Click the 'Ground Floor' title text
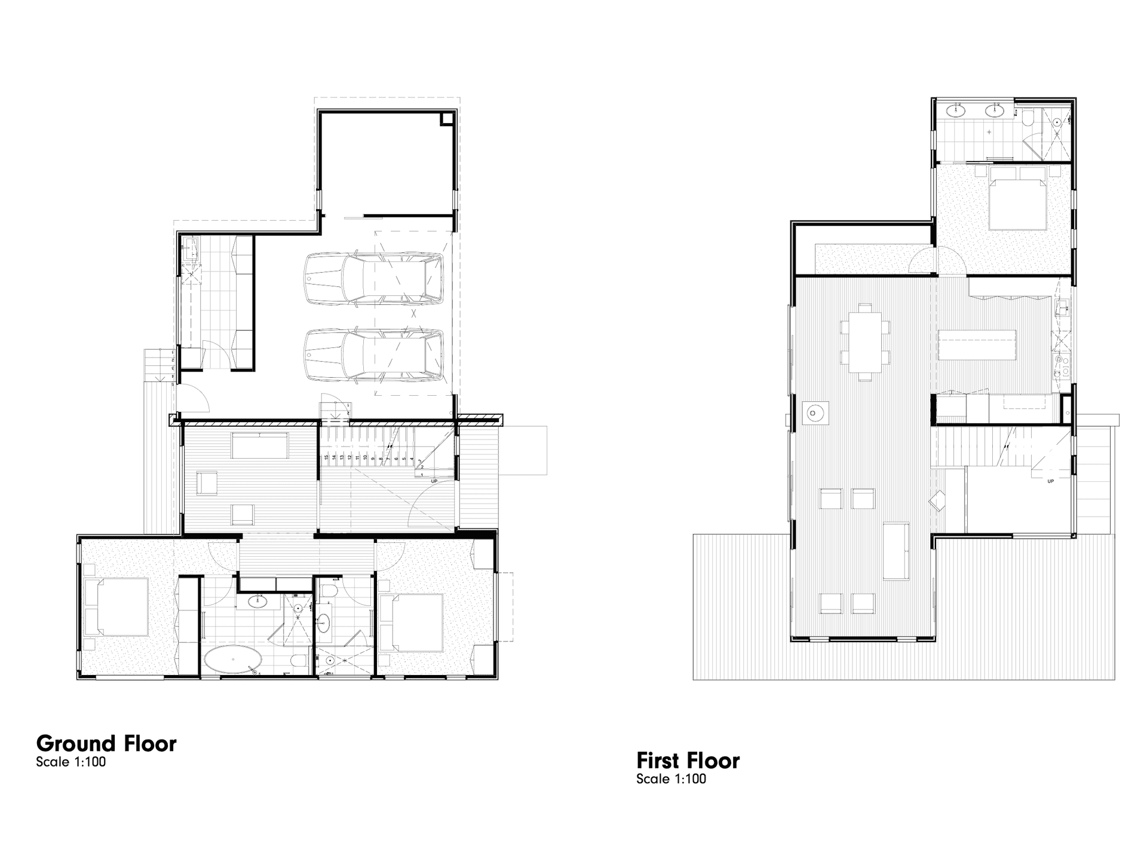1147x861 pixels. [106, 743]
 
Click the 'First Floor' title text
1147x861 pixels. [688, 761]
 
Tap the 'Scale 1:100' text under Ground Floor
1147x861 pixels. [70, 762]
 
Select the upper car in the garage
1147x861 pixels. [374, 279]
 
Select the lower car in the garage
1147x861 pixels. [374, 355]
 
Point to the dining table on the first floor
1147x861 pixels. [864, 342]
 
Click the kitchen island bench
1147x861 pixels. [977, 344]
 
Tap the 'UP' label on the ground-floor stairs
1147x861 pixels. [434, 481]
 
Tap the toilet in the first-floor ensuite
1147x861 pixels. [1028, 119]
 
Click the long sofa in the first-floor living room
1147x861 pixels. [895, 551]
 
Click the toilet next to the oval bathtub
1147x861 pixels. [299, 660]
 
